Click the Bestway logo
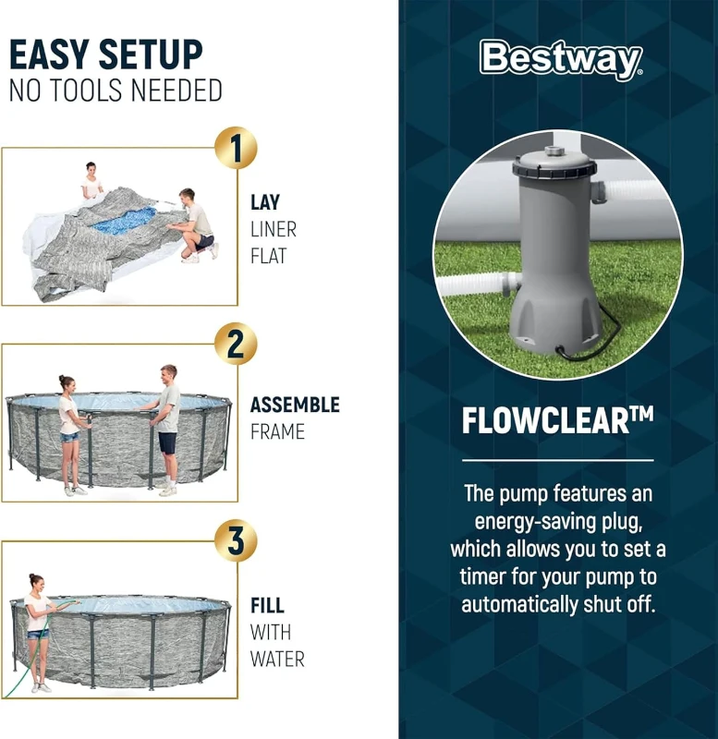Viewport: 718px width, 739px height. pos(560,60)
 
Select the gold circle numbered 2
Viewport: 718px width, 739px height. pos(236,345)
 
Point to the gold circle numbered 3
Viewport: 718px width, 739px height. pos(236,541)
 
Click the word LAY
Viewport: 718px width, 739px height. pos(265,202)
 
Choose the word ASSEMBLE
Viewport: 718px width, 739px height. pos(295,406)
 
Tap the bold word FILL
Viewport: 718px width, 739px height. pos(267,607)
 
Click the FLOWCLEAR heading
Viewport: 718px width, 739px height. pos(557,421)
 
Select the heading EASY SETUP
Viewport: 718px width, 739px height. pos(105,55)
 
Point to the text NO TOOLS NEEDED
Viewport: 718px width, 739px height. pos(116,91)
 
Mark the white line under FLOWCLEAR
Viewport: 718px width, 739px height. pos(557,459)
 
